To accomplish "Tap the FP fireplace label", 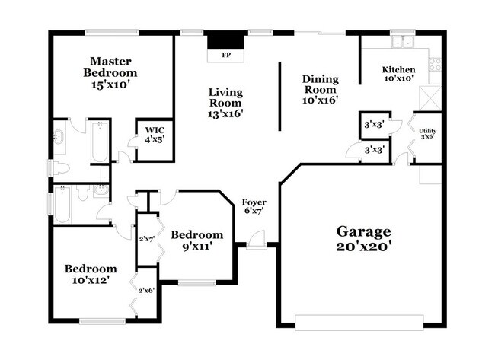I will tap(225, 56).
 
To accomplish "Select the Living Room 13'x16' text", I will tap(226, 103).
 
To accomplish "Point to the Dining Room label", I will tap(320, 88).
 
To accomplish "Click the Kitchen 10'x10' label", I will tap(398, 74).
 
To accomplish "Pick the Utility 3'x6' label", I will tap(427, 134).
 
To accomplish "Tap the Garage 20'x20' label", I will tap(363, 238).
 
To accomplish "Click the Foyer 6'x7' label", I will tap(253, 206).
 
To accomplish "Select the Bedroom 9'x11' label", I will tap(196, 240).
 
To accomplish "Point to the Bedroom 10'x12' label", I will tap(91, 274).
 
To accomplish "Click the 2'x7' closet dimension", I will tap(146, 239).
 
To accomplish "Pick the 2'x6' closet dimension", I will tap(145, 290).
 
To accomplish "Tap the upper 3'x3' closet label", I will tap(372, 124).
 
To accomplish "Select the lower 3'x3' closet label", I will tap(372, 151).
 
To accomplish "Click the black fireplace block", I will tap(225, 40).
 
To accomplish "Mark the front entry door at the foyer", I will tap(256, 245).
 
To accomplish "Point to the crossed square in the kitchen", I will tap(430, 98).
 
